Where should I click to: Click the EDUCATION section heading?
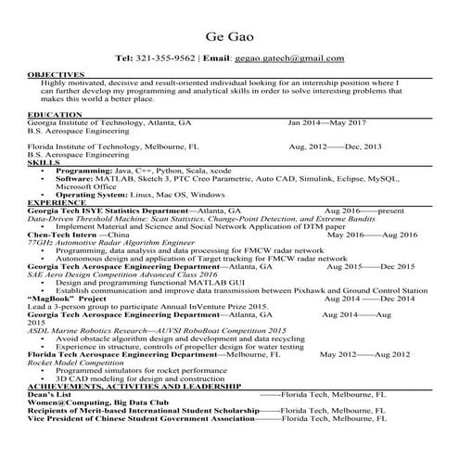click(55, 114)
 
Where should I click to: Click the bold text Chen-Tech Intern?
click(62, 235)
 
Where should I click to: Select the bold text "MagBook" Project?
click(67, 299)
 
